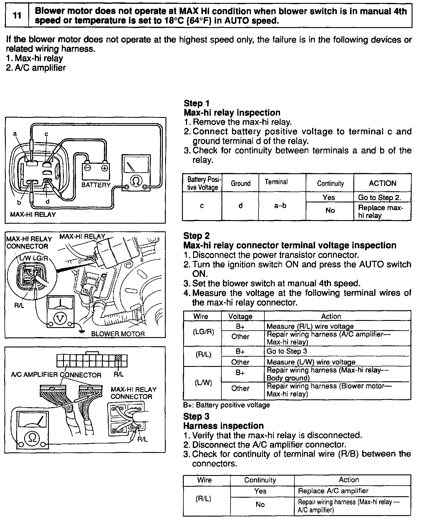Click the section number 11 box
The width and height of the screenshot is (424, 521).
[x=17, y=16]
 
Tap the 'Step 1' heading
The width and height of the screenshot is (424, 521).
[x=197, y=103]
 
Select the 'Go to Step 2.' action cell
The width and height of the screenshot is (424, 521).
[x=380, y=197]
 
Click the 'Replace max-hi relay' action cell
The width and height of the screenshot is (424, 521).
[x=380, y=211]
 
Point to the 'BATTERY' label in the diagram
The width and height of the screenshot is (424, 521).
[x=96, y=185]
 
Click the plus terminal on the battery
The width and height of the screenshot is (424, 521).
[x=105, y=168]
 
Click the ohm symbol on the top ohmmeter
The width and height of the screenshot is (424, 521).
[x=136, y=181]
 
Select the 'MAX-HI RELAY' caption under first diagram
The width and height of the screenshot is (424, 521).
[x=33, y=215]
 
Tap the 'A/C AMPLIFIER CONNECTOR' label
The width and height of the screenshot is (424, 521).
[x=56, y=375]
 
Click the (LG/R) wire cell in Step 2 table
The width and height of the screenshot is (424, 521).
[x=203, y=332]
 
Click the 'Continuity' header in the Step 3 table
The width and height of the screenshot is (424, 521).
[x=260, y=480]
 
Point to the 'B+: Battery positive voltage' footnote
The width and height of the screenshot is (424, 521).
[x=226, y=405]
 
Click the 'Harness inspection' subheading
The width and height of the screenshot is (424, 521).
[x=223, y=426]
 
